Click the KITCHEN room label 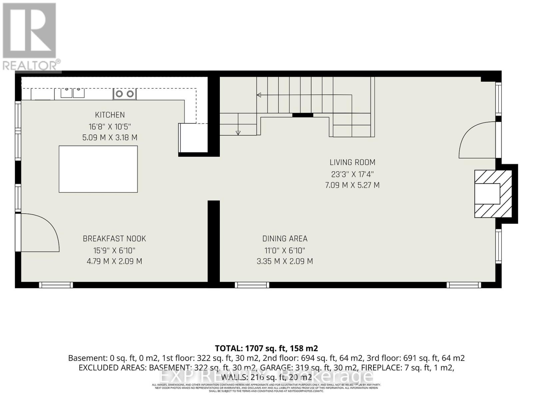[x=110, y=115]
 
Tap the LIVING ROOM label [x=352, y=162]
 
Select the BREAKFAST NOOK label [x=114, y=239]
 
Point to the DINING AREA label [x=284, y=239]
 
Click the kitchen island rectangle [x=98, y=169]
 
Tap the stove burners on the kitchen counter [x=125, y=94]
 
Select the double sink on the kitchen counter [x=72, y=93]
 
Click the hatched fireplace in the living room [x=493, y=194]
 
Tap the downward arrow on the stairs [x=238, y=132]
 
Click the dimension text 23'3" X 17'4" [x=352, y=174]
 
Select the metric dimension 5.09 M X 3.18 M [x=110, y=138]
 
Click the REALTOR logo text [x=31, y=65]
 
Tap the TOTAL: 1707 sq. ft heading [x=266, y=348]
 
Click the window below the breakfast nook [x=56, y=285]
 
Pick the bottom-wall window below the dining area [x=252, y=285]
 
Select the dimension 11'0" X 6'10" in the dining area [x=284, y=250]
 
